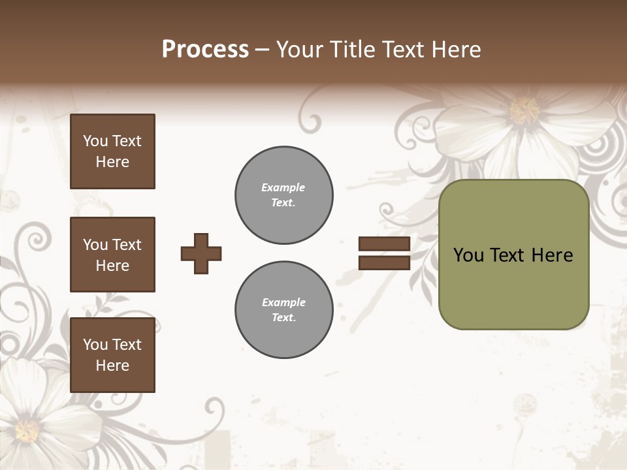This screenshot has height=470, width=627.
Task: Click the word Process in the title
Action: [205, 50]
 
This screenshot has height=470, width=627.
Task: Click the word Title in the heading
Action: [351, 50]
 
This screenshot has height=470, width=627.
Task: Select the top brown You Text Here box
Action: [112, 151]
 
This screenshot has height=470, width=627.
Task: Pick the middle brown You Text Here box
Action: [112, 255]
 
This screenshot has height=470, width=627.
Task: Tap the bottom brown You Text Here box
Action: [112, 354]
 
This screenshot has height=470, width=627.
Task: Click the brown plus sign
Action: [201, 253]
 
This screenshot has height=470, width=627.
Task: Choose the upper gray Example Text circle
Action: [283, 195]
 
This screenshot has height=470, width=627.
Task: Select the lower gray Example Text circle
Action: [283, 310]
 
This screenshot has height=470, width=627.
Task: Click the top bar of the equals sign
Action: [384, 243]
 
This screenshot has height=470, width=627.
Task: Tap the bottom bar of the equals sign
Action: [384, 262]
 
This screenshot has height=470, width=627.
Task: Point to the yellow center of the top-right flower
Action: [524, 110]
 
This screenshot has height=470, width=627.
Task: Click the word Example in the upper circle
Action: [283, 187]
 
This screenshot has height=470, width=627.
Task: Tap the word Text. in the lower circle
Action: [283, 318]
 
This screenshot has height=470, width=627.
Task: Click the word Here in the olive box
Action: [552, 255]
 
